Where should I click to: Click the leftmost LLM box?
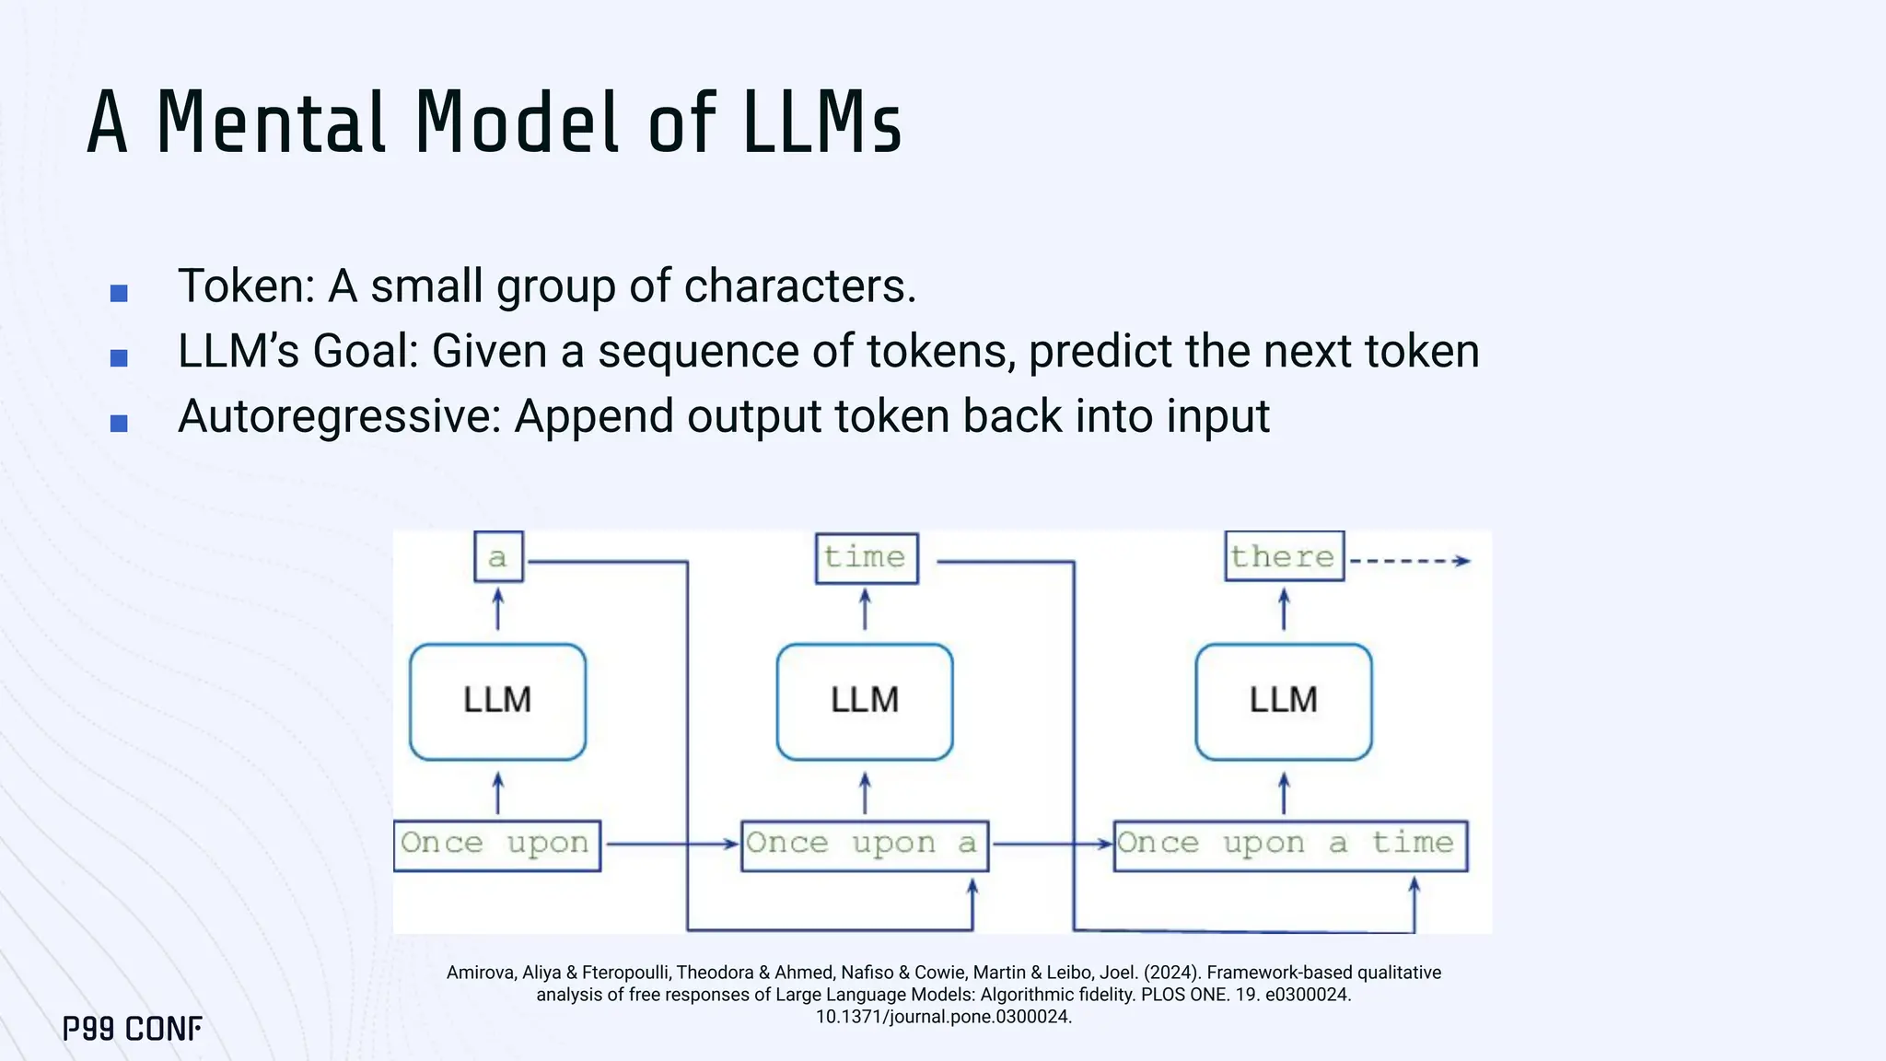[497, 702]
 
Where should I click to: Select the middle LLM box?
[864, 702]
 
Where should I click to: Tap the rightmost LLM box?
[1283, 702]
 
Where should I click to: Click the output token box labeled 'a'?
[498, 557]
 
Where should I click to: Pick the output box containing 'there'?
[1284, 556]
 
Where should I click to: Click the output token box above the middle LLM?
[866, 557]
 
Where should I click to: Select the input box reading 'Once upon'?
[496, 845]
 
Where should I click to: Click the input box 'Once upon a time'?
[1289, 845]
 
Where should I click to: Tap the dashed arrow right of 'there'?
[1409, 560]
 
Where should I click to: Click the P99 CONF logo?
[133, 1029]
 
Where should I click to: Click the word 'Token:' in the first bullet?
[246, 286]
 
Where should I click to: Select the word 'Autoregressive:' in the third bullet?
[339, 416]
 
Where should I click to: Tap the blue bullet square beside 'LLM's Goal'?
[119, 358]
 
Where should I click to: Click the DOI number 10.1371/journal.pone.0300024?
[943, 1017]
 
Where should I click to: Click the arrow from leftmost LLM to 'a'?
[498, 610]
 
